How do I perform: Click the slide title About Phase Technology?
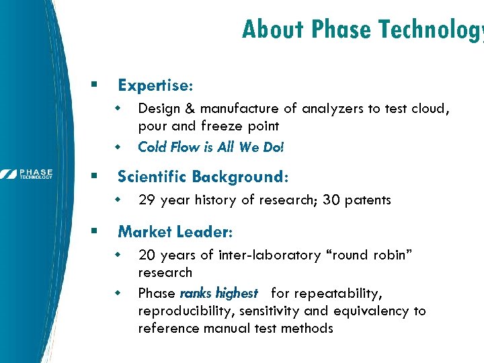362,30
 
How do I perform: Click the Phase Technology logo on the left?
27,174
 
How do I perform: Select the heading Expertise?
155,85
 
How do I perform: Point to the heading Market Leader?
175,232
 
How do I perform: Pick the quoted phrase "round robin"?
374,255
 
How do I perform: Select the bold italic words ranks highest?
218,293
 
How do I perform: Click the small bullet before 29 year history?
118,200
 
